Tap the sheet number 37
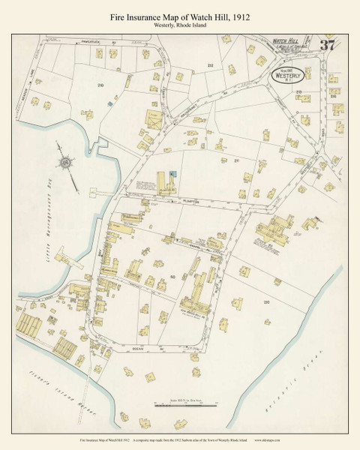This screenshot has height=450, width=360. point(327,44)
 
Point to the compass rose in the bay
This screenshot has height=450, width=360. point(66,163)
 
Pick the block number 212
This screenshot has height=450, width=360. point(210,65)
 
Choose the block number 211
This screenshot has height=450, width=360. point(236,160)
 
